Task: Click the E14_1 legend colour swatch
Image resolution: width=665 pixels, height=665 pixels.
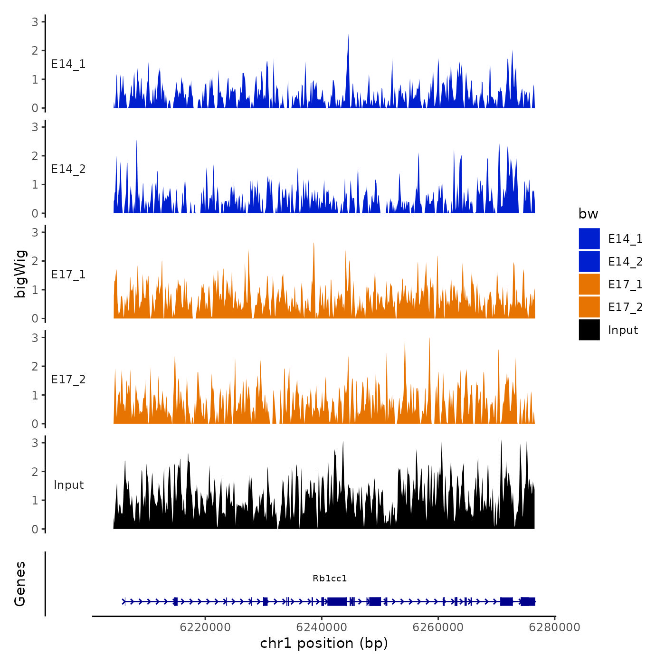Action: click(x=589, y=238)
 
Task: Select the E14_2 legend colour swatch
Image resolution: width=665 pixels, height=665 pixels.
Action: click(x=589, y=261)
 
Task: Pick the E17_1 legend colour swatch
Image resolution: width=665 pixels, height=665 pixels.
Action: click(x=589, y=284)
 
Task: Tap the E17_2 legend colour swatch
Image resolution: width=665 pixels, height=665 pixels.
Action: click(x=589, y=307)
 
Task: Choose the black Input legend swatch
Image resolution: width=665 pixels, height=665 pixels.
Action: click(x=589, y=330)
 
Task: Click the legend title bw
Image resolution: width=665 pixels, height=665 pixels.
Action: click(x=588, y=214)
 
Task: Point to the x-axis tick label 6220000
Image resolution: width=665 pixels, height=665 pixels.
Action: click(x=205, y=627)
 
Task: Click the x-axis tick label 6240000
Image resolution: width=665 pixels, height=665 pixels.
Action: click(x=322, y=627)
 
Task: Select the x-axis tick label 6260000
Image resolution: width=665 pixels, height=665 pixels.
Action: click(x=438, y=627)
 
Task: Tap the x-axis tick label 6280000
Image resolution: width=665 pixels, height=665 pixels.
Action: click(x=555, y=627)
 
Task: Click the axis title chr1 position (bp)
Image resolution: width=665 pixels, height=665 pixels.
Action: click(x=324, y=643)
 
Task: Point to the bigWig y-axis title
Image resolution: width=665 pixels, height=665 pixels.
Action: click(x=20, y=274)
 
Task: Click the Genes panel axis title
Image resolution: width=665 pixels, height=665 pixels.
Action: click(x=20, y=584)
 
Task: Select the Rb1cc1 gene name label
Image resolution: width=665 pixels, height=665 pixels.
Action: click(x=330, y=578)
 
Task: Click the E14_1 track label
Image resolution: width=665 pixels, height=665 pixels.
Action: click(x=68, y=64)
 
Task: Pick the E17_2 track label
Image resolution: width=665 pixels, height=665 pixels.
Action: click(x=68, y=379)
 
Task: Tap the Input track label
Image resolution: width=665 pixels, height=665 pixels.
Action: click(x=68, y=484)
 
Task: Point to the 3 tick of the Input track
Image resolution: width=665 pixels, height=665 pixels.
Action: click(x=35, y=443)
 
